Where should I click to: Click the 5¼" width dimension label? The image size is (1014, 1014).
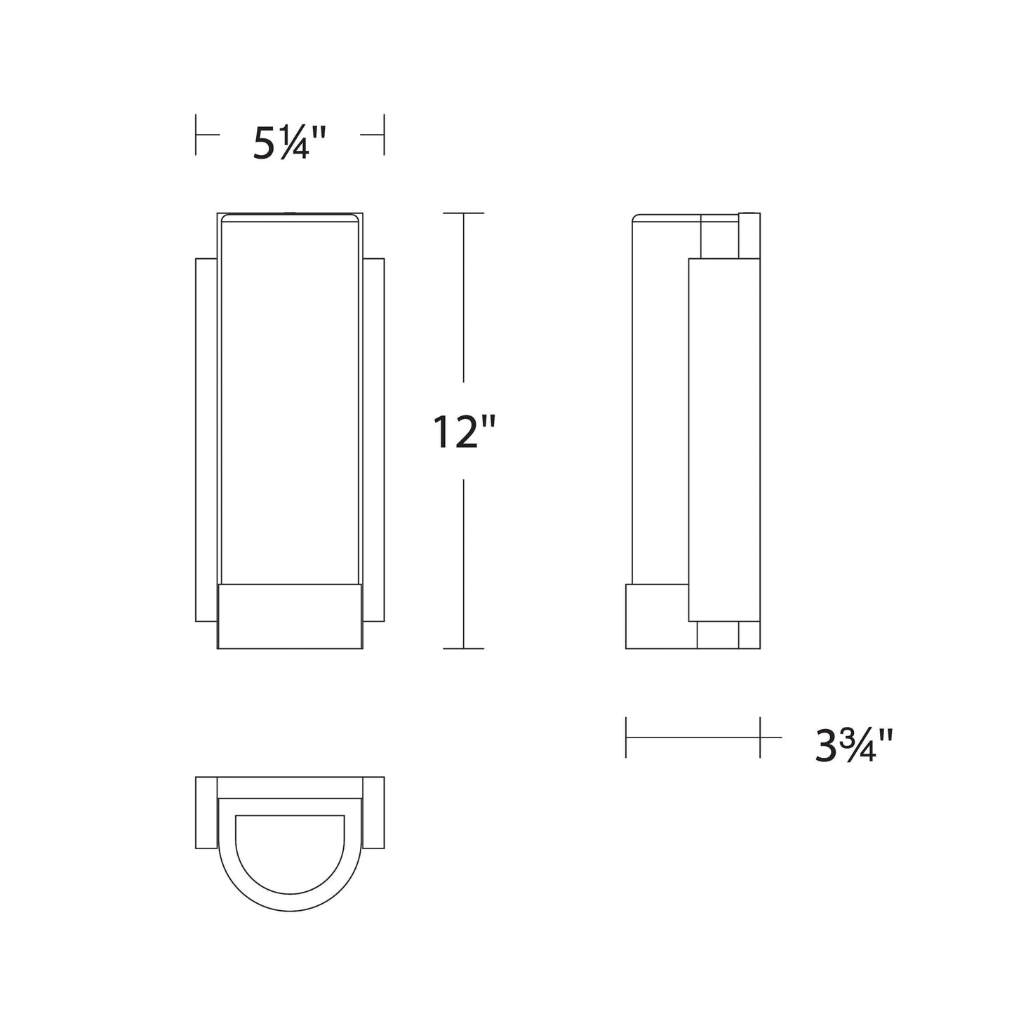point(291,145)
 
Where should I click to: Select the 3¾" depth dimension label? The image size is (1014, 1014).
point(853,746)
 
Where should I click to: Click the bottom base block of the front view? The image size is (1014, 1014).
point(290,617)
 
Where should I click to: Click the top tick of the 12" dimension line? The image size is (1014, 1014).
point(464,213)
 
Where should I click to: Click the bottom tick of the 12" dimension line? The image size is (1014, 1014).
point(464,648)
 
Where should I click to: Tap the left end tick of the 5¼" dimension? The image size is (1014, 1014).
point(196,134)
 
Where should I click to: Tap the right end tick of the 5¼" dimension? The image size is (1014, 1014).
point(383,134)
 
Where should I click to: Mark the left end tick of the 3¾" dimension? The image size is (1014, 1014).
point(626,738)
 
